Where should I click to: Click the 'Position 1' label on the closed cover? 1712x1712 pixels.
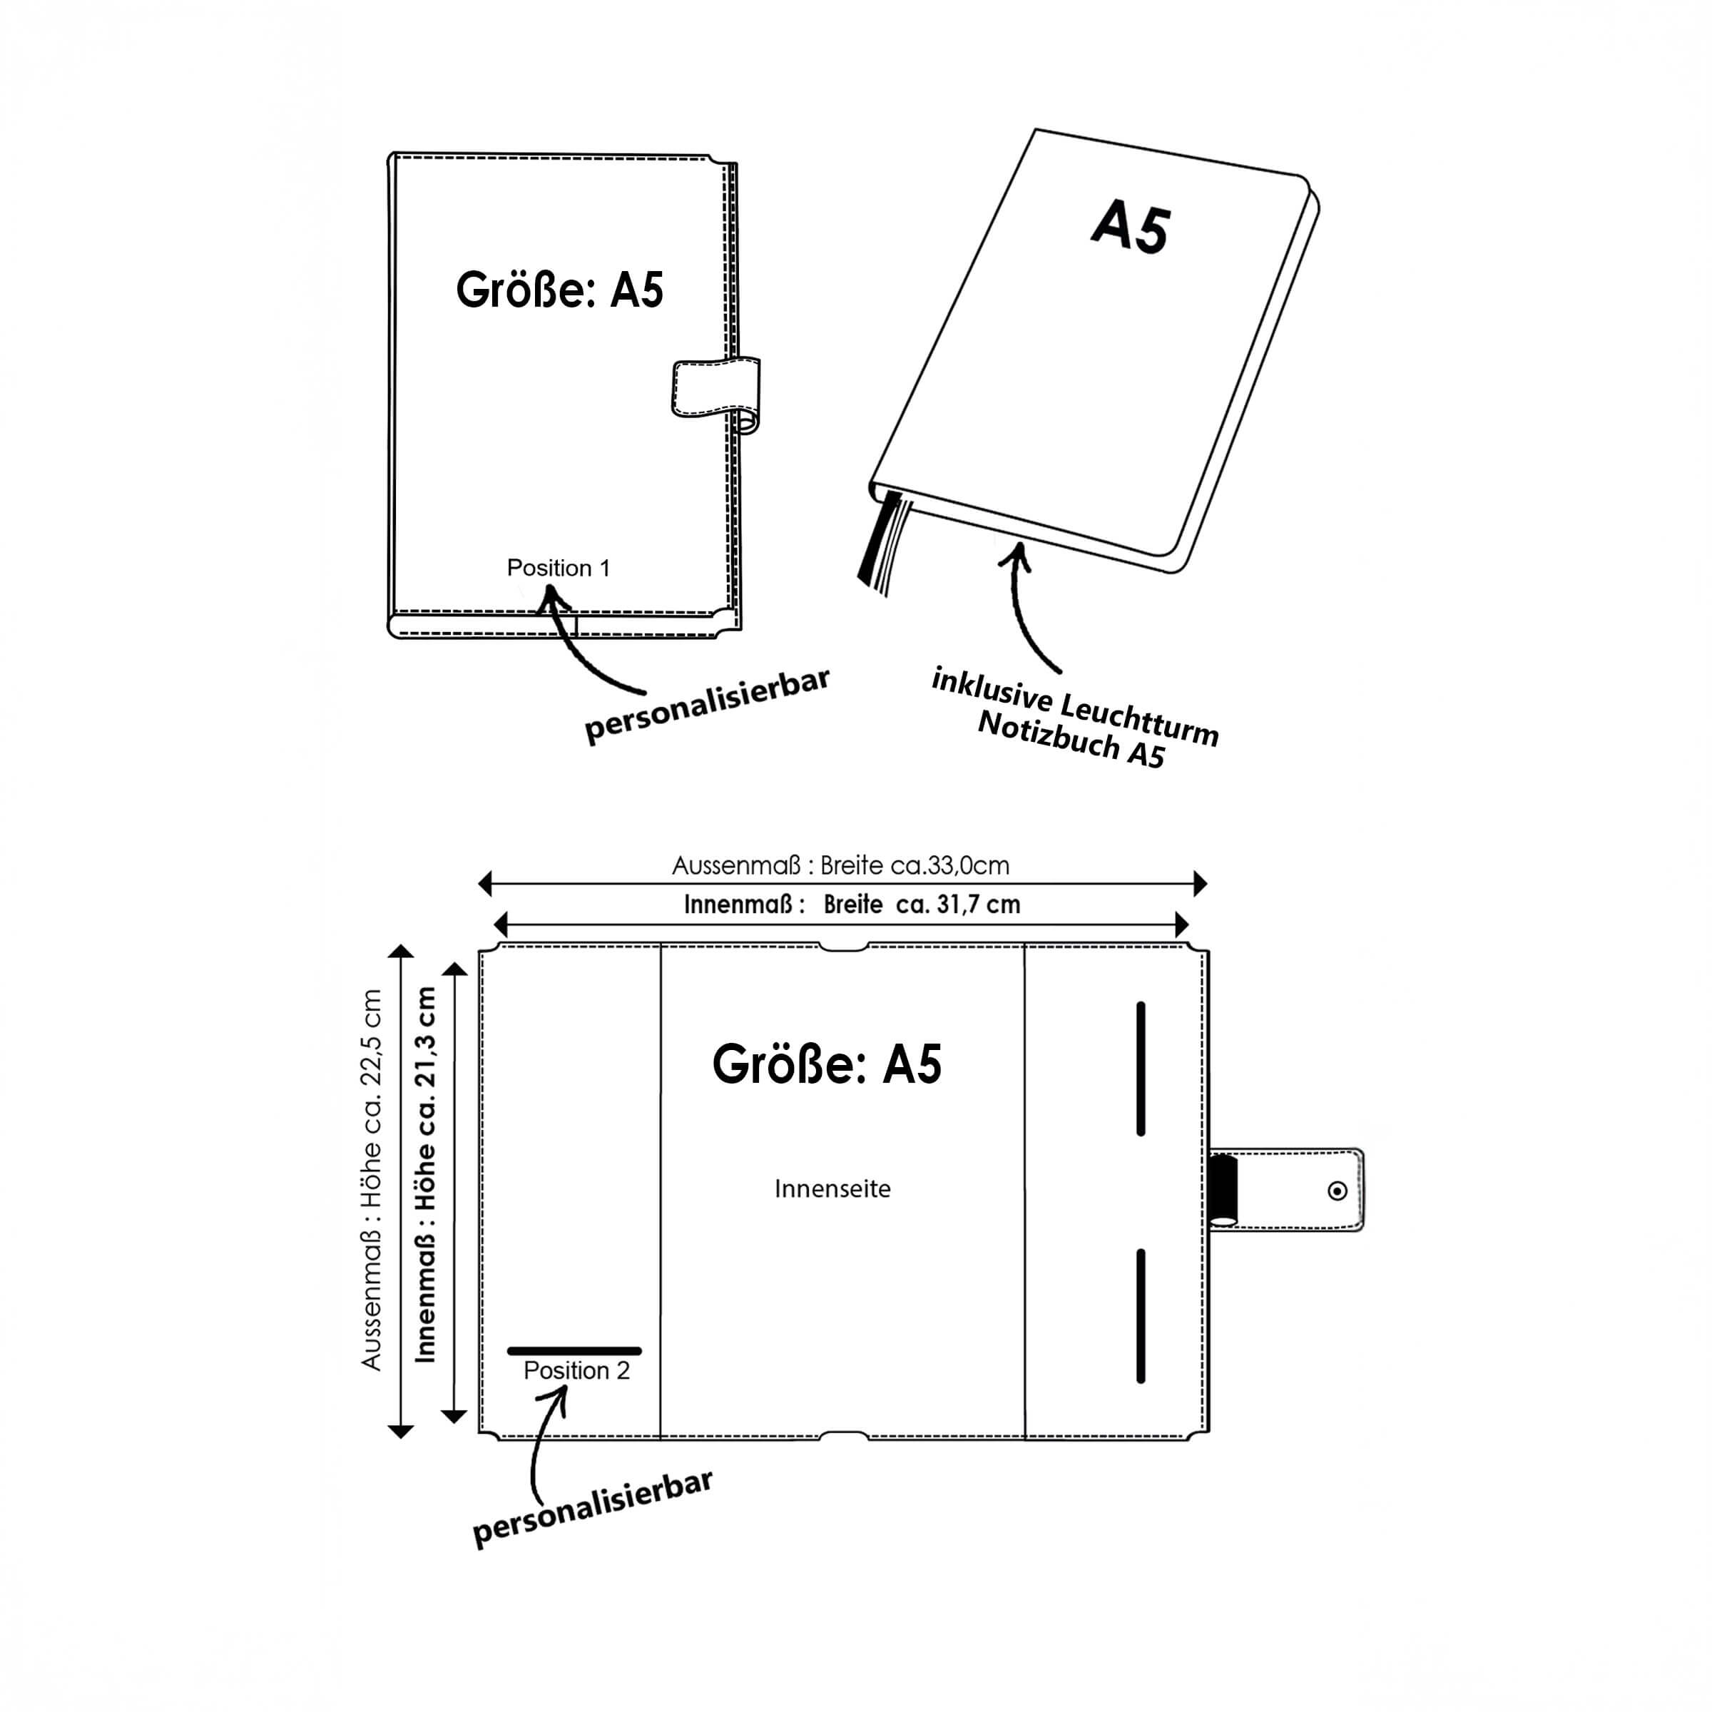(559, 568)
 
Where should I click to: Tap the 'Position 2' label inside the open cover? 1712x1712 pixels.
(576, 1371)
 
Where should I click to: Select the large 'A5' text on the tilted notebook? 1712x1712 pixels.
(1131, 228)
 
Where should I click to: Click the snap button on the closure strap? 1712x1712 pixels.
(1337, 1191)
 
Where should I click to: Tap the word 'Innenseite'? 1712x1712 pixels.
(832, 1188)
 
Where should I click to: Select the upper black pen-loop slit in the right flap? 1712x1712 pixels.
(1141, 1069)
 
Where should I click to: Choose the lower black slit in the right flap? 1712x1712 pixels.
(1141, 1316)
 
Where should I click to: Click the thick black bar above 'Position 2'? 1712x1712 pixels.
(574, 1351)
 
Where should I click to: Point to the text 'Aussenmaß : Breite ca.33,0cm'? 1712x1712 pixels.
(840, 866)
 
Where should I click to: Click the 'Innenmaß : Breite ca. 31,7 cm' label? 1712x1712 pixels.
(852, 905)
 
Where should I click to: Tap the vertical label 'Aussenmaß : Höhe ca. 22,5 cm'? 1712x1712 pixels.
(371, 1181)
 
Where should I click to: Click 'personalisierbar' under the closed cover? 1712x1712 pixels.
(707, 705)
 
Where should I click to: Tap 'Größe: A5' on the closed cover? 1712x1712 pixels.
(559, 290)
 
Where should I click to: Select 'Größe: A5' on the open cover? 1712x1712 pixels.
(827, 1064)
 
